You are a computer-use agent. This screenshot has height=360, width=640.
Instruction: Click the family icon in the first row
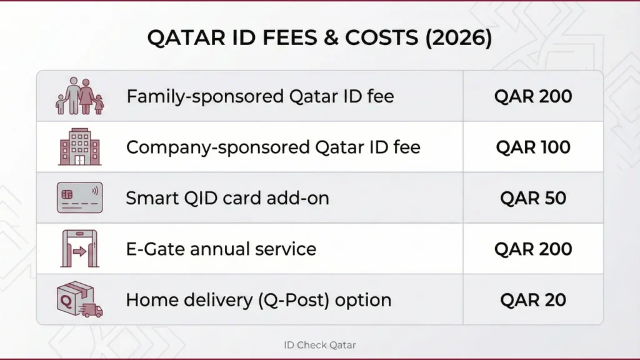tap(80, 96)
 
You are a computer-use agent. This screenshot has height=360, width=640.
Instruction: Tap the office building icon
tap(79, 147)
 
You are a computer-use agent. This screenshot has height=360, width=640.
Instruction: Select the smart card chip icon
tap(79, 198)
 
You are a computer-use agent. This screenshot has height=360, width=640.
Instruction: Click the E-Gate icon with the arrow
tap(79, 249)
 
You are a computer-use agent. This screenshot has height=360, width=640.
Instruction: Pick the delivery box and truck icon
tap(79, 299)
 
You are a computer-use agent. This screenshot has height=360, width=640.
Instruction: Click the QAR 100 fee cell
tap(533, 147)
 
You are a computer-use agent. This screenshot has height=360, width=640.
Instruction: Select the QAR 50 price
tap(533, 198)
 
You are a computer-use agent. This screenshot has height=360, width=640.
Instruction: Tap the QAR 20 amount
tap(533, 299)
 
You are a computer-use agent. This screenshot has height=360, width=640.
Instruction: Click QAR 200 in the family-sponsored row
tap(533, 96)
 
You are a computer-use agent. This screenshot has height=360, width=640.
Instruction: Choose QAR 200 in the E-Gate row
tap(533, 249)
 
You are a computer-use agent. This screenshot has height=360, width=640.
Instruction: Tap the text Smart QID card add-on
tap(227, 198)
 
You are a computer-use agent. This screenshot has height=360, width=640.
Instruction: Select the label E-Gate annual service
tap(221, 249)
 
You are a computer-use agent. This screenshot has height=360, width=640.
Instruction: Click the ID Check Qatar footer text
tap(319, 344)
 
